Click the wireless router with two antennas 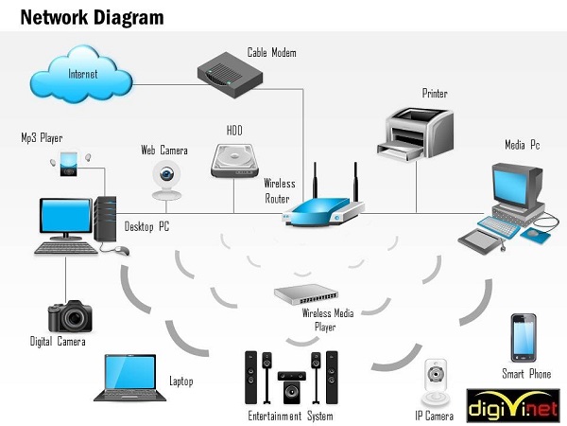(x=324, y=209)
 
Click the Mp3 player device (x=69, y=164)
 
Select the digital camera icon (x=69, y=316)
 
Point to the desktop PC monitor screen (x=64, y=217)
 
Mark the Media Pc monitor (x=515, y=186)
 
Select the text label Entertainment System (x=290, y=416)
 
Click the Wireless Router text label (x=280, y=190)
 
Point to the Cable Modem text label (x=272, y=53)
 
